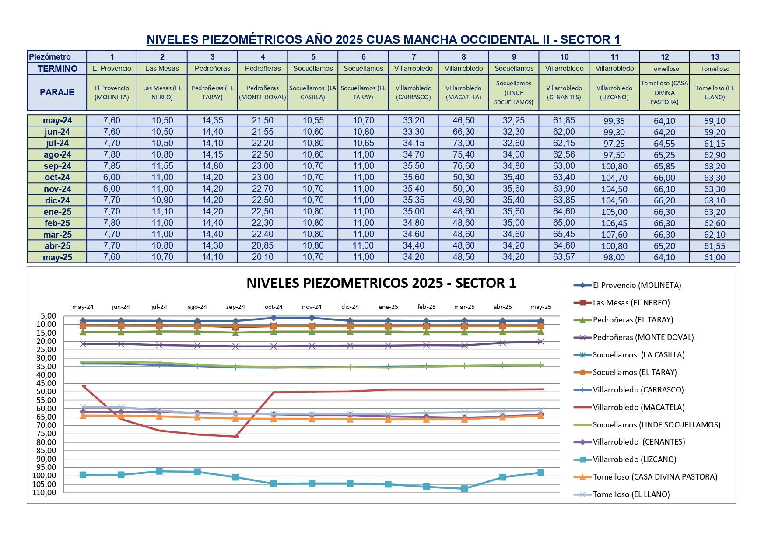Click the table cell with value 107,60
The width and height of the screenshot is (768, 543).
614,235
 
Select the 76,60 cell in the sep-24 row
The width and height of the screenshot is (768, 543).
463,166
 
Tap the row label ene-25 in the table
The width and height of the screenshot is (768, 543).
57,212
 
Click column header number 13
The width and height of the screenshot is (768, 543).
715,57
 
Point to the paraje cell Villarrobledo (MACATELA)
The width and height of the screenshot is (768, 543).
463,92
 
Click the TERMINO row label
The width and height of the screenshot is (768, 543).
57,69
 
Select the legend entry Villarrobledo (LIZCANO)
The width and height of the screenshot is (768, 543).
634,459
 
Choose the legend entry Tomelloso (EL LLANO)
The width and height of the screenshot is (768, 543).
631,494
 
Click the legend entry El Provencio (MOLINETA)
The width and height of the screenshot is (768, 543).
637,285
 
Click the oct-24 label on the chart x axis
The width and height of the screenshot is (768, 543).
274,307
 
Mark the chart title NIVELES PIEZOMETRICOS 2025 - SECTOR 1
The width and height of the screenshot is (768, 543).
381,283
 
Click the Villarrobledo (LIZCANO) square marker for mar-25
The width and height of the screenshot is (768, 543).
465,488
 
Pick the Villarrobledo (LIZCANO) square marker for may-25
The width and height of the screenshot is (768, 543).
541,473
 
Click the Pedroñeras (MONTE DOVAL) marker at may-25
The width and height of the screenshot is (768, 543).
541,341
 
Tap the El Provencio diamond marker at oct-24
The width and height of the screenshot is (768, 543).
274,318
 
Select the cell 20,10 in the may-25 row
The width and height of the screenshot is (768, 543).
263,257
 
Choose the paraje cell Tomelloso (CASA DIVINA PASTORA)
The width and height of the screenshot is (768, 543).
664,92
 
